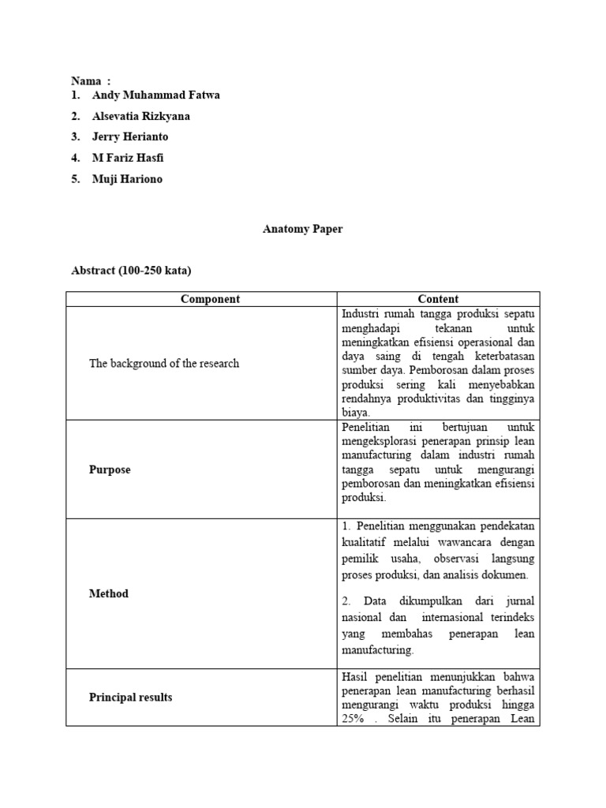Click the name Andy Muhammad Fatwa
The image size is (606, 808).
tap(155, 95)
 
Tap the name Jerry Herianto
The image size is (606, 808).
tap(129, 137)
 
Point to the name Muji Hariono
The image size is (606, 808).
tap(126, 178)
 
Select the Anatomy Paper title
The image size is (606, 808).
tap(303, 230)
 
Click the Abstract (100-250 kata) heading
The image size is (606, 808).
tap(132, 271)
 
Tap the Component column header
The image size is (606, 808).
tap(210, 299)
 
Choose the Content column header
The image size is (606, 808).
tap(438, 299)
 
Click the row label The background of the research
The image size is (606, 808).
tap(163, 364)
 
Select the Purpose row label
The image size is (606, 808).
tap(110, 469)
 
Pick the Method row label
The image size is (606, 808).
tap(108, 593)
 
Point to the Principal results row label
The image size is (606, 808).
tap(130, 698)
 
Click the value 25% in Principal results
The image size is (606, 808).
tap(353, 719)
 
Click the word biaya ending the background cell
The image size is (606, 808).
tap(355, 412)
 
